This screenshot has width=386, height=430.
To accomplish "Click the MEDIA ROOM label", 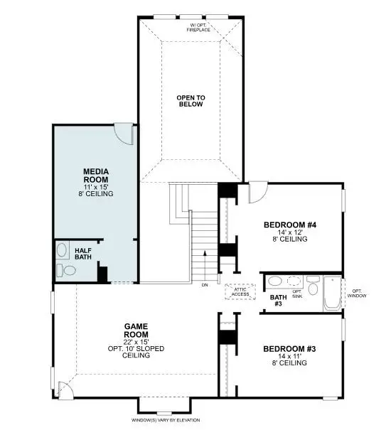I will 95,176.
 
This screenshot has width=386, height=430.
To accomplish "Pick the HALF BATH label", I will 84,254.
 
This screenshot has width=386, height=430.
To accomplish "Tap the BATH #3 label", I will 277,300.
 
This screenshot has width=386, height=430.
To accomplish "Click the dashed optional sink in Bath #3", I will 294,280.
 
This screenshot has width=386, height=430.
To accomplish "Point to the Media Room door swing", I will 124,134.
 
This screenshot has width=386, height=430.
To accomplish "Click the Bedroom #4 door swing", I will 257,193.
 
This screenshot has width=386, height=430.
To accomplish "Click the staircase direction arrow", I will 205,261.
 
